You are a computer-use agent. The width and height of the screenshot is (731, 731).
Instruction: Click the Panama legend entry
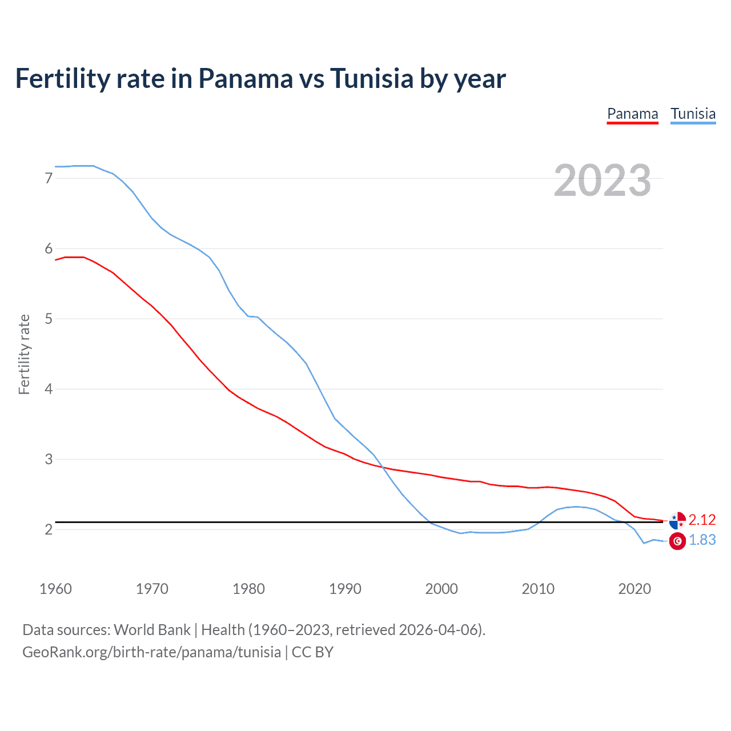(x=632, y=114)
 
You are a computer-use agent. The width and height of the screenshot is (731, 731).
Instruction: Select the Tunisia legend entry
(x=693, y=114)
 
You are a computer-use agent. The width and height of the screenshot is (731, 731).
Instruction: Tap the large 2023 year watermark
(x=602, y=180)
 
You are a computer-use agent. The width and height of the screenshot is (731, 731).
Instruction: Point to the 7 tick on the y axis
(x=49, y=178)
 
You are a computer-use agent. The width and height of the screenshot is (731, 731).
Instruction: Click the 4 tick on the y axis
(x=49, y=389)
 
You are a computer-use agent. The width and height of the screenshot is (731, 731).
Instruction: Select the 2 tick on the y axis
(x=49, y=529)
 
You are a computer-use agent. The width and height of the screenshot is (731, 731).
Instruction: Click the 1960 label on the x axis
(x=55, y=589)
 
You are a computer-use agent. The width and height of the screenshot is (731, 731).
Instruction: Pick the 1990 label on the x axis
(x=345, y=589)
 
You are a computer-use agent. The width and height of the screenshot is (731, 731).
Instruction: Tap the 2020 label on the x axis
(x=634, y=589)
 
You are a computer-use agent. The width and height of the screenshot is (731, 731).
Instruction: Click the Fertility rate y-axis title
(x=24, y=354)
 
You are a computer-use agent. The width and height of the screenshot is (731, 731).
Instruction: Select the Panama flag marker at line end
(x=677, y=520)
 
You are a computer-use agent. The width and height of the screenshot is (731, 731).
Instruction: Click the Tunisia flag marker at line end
(x=677, y=541)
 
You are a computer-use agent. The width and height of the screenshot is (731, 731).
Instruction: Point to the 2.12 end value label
(x=702, y=520)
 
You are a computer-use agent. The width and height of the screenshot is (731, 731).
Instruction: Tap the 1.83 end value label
(x=702, y=540)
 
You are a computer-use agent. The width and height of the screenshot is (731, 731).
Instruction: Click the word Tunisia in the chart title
(x=371, y=78)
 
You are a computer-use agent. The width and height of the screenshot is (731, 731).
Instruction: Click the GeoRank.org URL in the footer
(x=151, y=652)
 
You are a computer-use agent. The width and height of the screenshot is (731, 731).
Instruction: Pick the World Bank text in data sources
(x=152, y=630)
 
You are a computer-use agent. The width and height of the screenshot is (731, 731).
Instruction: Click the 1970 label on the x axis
(x=152, y=589)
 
